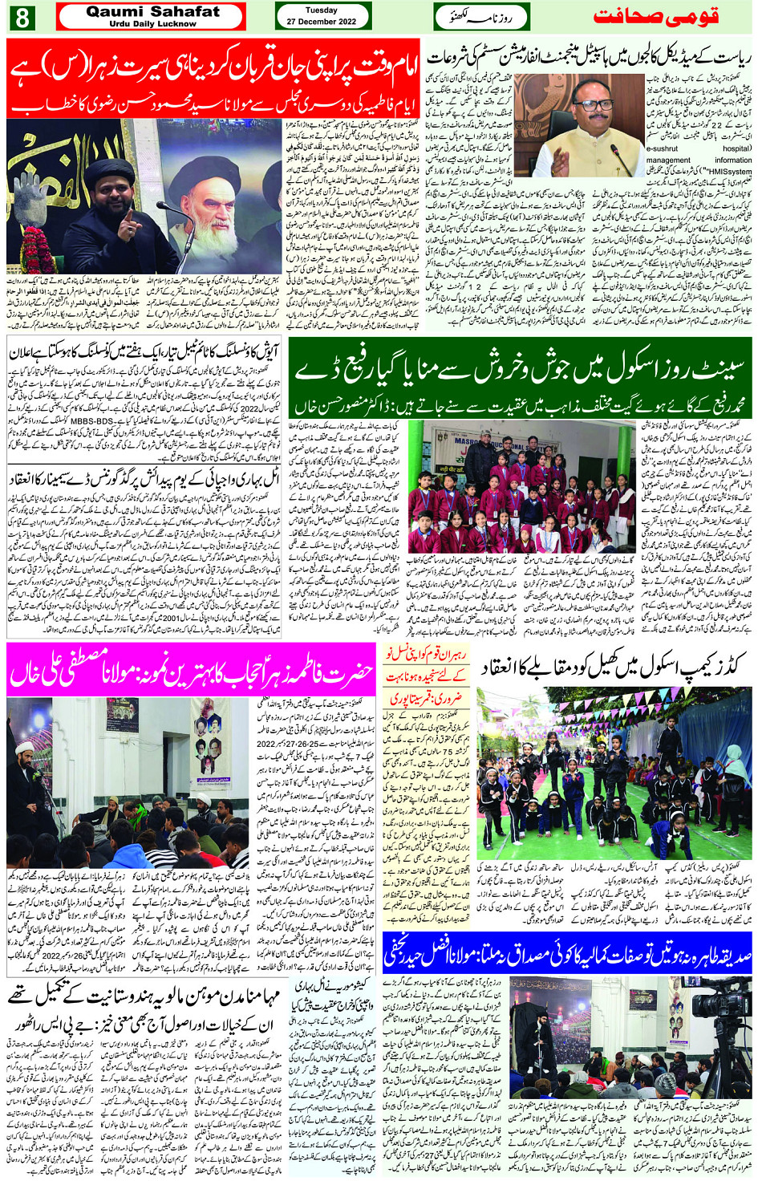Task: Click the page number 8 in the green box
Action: [x=21, y=16]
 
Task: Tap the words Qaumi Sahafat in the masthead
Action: [x=152, y=11]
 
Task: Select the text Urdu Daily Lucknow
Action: [x=152, y=24]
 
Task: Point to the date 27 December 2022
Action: [x=322, y=22]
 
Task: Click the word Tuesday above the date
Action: [x=322, y=10]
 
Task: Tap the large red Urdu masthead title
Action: [x=655, y=17]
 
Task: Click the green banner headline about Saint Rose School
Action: [x=520, y=369]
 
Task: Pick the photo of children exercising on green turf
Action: [x=614, y=772]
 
